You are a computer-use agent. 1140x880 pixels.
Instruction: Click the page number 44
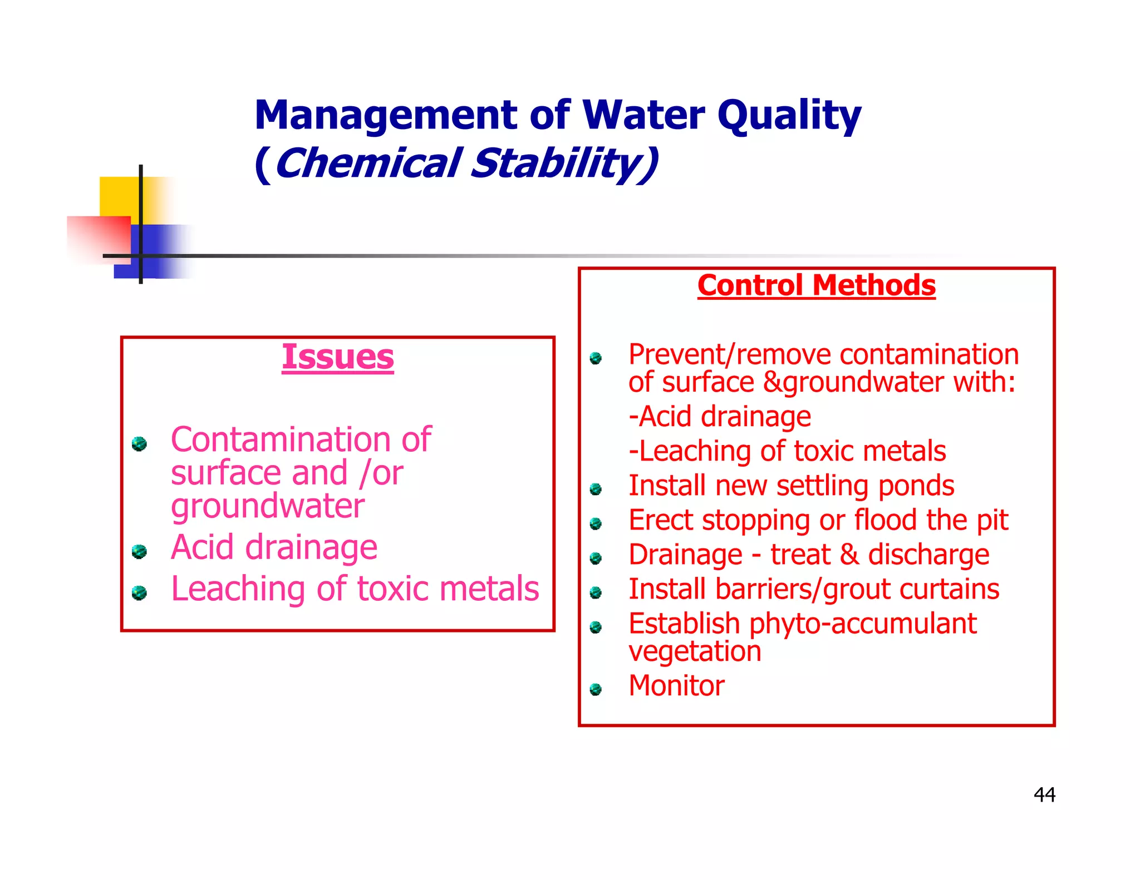tap(1044, 794)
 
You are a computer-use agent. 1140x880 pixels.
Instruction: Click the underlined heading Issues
tap(337, 357)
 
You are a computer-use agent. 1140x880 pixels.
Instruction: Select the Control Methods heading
tap(816, 285)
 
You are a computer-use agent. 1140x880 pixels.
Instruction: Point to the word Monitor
tap(676, 685)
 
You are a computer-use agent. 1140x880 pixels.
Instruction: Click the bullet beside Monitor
tap(596, 690)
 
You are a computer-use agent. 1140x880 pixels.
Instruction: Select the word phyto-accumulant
tap(863, 624)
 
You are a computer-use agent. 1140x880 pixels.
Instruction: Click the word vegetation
tap(695, 651)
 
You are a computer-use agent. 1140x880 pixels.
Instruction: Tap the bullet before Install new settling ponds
tap(596, 489)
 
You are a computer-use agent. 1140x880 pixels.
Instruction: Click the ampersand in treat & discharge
tap(849, 555)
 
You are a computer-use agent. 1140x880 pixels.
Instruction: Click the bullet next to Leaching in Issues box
tap(139, 593)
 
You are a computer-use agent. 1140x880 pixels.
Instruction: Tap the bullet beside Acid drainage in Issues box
tap(139, 551)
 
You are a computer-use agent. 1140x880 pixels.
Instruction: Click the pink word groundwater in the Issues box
tap(268, 507)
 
